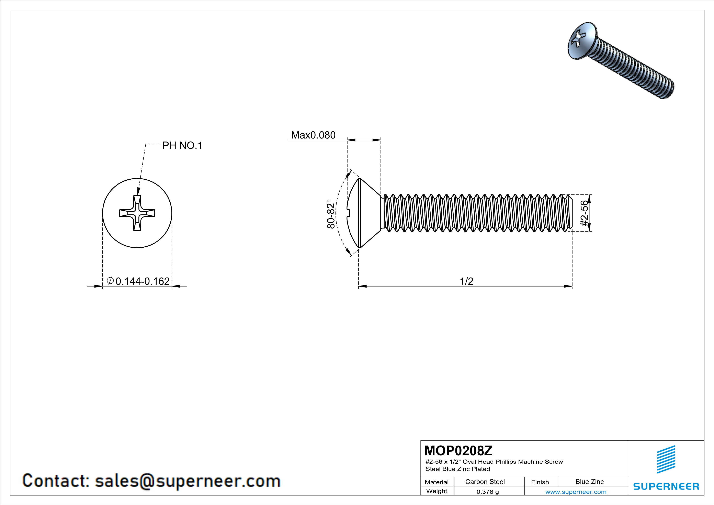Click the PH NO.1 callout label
(x=182, y=146)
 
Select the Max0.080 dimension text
(x=313, y=135)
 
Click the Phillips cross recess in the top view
(x=137, y=213)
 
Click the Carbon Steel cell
(x=485, y=482)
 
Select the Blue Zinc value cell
(x=589, y=482)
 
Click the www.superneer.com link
(x=576, y=492)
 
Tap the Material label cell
(x=437, y=482)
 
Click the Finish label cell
(x=540, y=482)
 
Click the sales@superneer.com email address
(x=188, y=481)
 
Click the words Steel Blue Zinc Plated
(x=457, y=469)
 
